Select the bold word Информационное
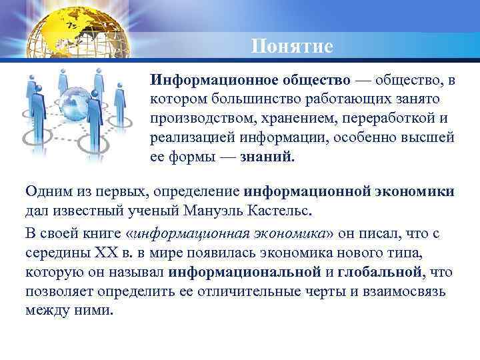point(207,80)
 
